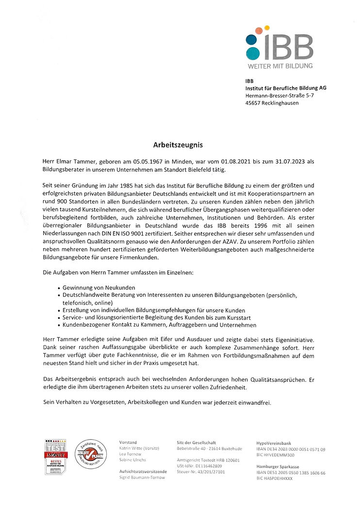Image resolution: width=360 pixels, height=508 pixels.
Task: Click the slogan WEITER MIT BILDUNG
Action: click(x=280, y=65)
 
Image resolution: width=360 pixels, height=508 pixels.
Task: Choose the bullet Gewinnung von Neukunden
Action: click(x=99, y=287)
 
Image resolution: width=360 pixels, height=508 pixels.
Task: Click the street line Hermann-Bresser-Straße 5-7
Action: click(x=279, y=95)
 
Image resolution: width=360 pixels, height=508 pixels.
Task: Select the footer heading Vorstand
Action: click(x=128, y=443)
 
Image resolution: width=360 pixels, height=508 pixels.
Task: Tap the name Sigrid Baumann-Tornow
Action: click(x=142, y=477)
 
